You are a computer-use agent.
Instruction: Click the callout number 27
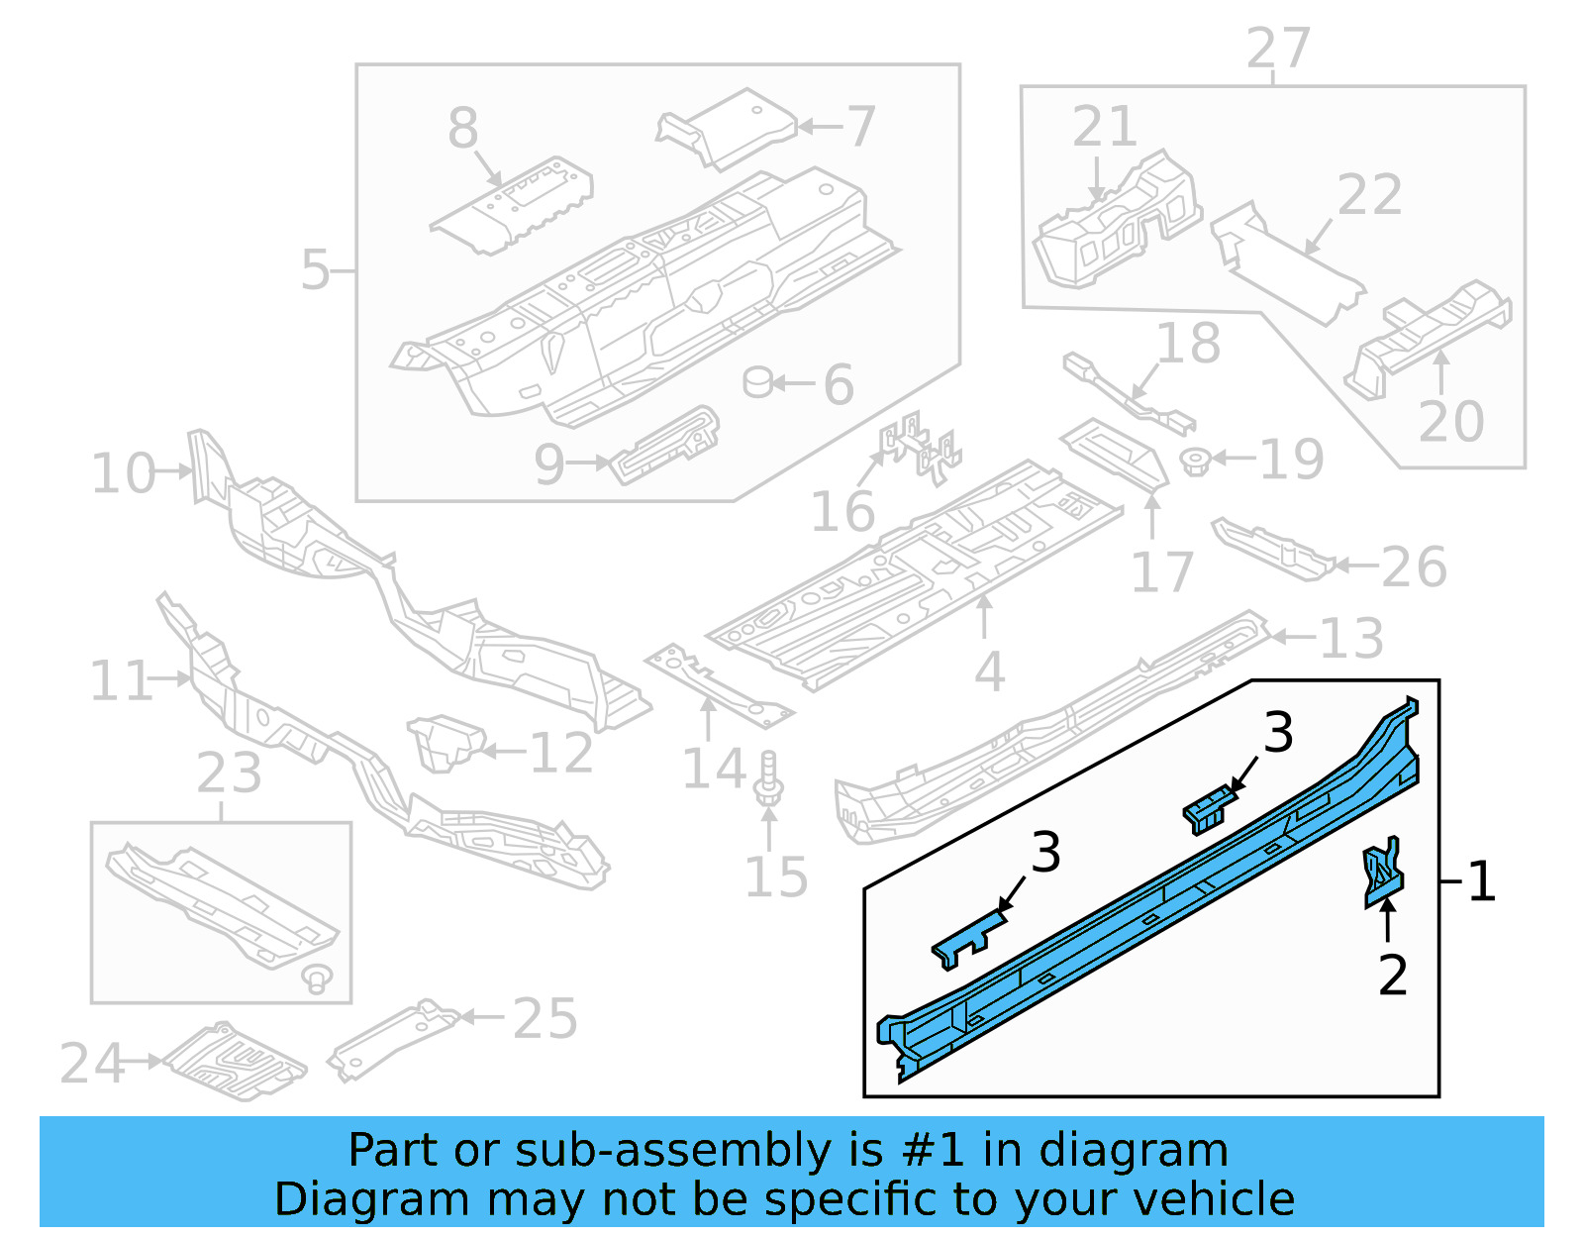tap(1278, 49)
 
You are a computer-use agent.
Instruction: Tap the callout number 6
tap(839, 384)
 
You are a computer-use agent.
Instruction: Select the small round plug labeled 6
tap(758, 381)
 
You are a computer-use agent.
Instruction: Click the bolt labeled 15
tap(769, 778)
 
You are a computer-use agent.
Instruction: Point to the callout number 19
tap(1292, 460)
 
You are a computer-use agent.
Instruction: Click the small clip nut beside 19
tap(1196, 461)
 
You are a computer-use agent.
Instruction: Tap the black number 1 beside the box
tap(1481, 880)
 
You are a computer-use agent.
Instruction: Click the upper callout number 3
tap(1278, 733)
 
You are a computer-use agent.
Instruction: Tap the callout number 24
tap(91, 1063)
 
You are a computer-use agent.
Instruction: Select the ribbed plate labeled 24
tap(236, 1061)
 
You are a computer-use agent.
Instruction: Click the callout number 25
tap(544, 1018)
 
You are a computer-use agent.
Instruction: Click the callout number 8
tap(462, 129)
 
